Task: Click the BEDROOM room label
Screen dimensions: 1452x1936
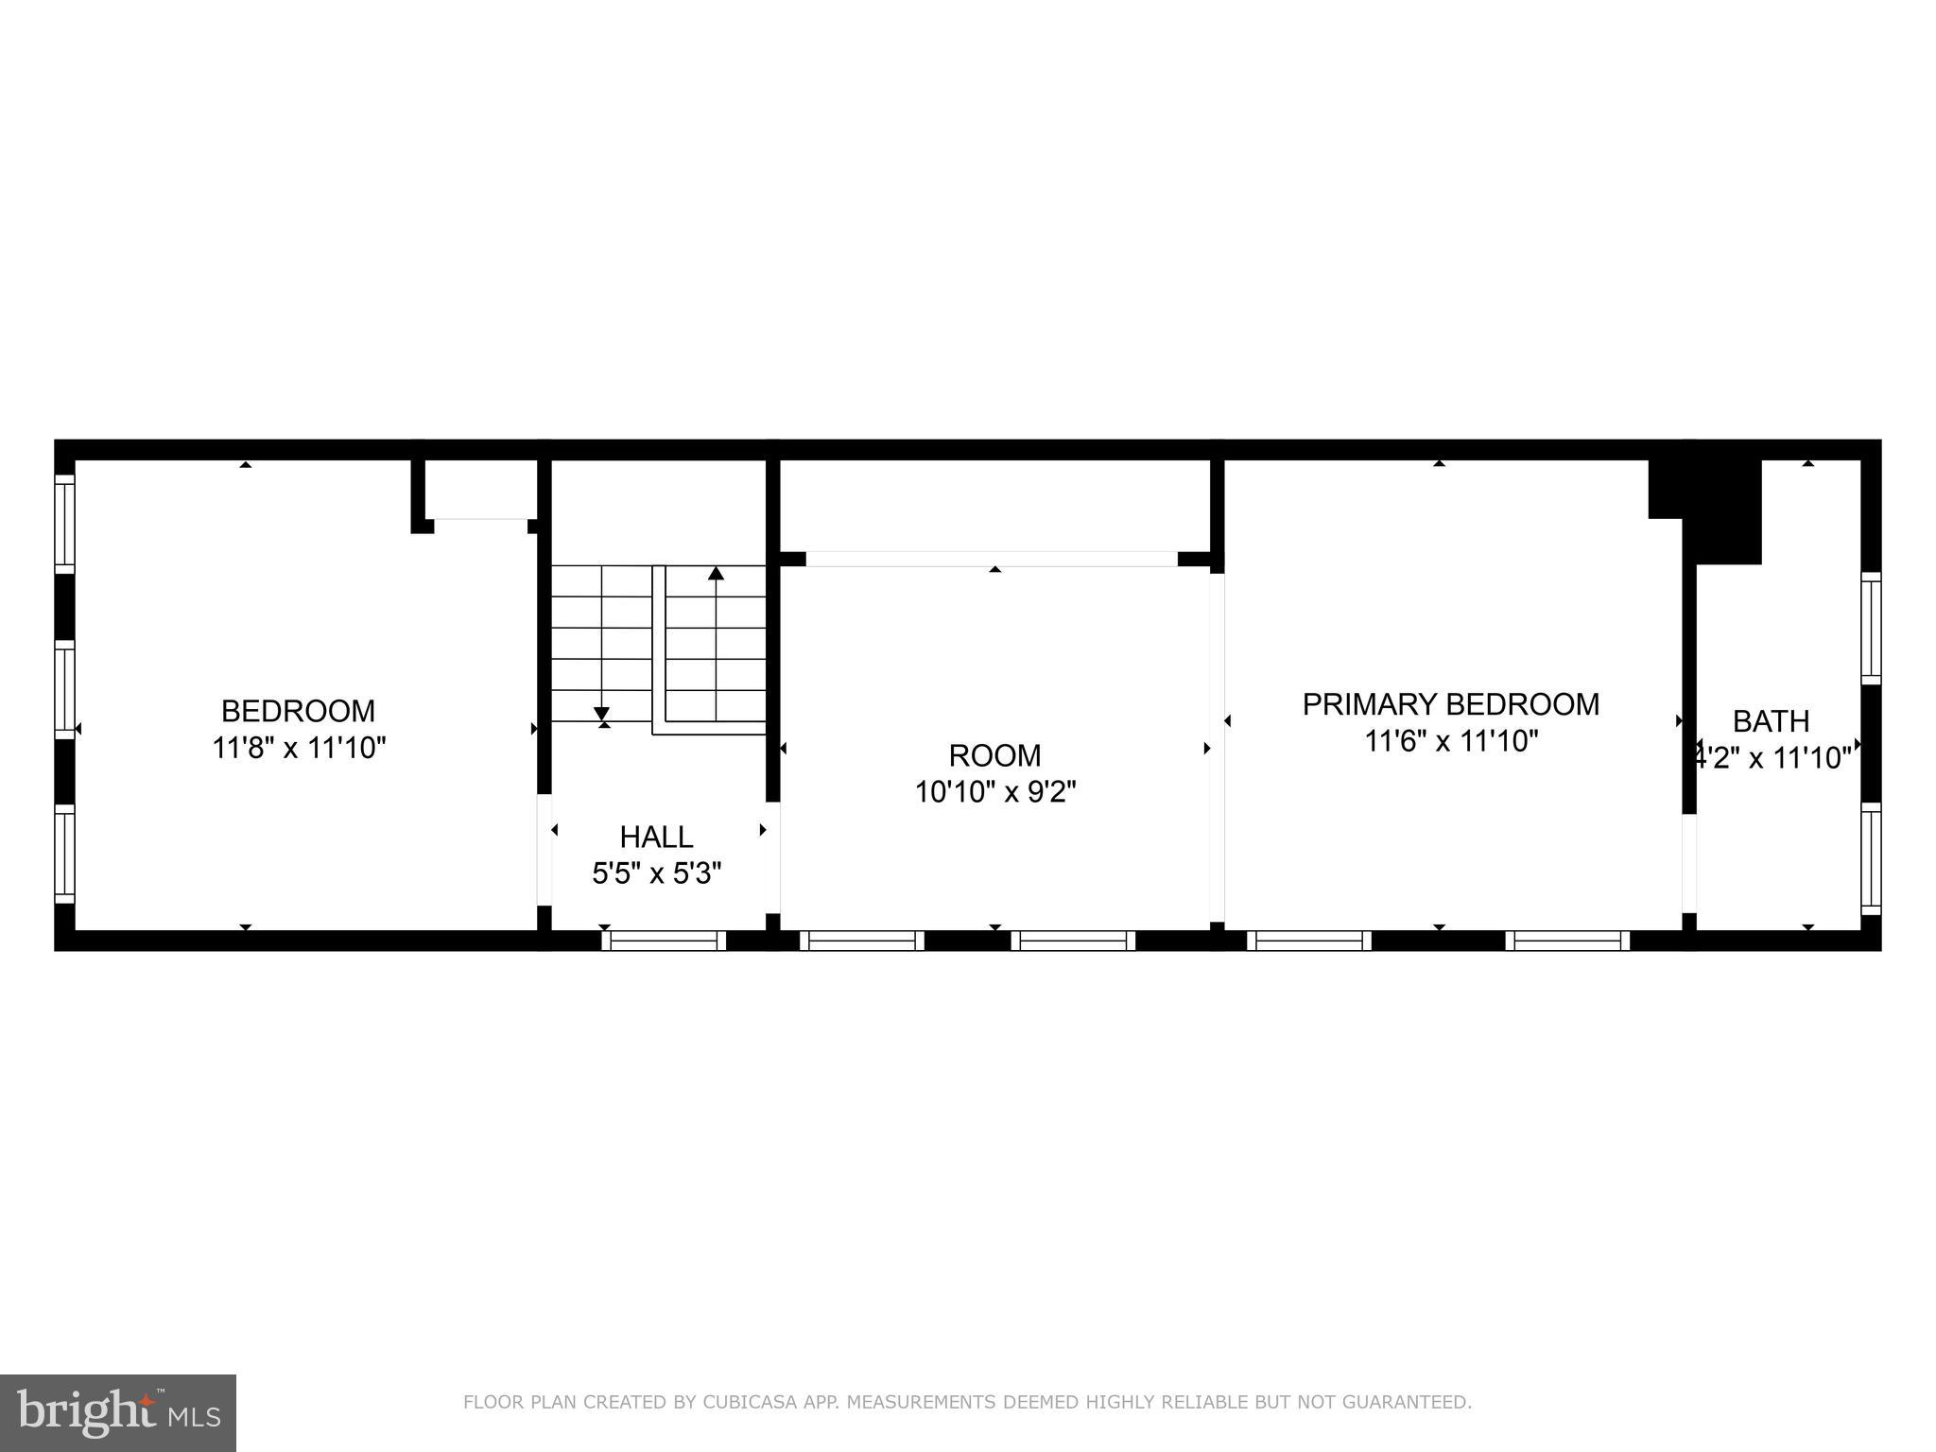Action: pos(298,711)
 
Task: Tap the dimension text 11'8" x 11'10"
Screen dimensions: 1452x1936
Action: pos(299,748)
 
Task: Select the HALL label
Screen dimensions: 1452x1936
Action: pos(656,837)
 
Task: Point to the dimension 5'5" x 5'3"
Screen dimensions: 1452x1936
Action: pos(656,873)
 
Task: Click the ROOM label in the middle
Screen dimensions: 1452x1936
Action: pos(994,755)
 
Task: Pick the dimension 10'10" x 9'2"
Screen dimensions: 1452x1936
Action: pos(994,791)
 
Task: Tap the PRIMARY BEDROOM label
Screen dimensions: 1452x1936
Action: pos(1450,704)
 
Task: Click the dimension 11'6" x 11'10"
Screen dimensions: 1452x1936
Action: pos(1450,741)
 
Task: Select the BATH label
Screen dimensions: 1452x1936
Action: pos(1771,721)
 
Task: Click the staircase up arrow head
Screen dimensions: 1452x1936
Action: pos(716,573)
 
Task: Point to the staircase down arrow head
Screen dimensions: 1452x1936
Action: pos(602,715)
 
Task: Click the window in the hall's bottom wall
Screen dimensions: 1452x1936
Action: pos(664,941)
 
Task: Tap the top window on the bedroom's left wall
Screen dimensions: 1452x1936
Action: pos(64,523)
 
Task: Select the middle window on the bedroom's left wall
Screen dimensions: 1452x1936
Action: pos(64,690)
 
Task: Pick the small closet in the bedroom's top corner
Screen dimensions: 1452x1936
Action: pos(479,489)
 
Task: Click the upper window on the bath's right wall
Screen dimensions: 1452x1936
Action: pos(1871,628)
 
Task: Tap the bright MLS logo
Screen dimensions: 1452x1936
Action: pos(118,1412)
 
